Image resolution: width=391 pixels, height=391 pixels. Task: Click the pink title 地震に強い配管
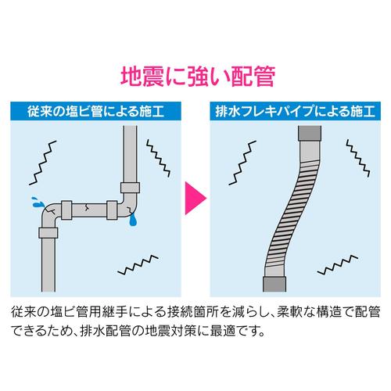tap(198, 77)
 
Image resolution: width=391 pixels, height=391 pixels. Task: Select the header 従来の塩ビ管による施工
tap(95, 111)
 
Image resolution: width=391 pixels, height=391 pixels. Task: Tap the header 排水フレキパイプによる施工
tap(295, 111)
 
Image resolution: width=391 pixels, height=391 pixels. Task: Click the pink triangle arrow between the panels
tap(195, 198)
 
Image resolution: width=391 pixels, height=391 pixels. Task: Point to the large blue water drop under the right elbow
tap(133, 221)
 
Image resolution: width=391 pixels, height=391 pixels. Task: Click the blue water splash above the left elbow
tap(37, 203)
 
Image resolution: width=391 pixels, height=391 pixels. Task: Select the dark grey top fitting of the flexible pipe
tap(310, 134)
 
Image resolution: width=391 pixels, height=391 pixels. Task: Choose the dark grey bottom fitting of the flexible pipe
tap(274, 284)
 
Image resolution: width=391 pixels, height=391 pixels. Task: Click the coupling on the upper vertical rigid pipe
tap(130, 188)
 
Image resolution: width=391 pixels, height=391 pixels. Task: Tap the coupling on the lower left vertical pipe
tap(48, 233)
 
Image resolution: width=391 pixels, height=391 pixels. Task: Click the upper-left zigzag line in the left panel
tap(43, 163)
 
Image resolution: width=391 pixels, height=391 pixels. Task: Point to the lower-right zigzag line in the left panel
tap(138, 265)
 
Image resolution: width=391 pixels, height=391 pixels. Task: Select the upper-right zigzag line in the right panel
tap(358, 158)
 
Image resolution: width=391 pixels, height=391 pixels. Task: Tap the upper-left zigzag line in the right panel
tap(242, 163)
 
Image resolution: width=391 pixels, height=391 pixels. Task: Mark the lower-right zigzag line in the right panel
tap(338, 265)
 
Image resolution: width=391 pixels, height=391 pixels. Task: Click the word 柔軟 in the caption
tap(289, 312)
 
